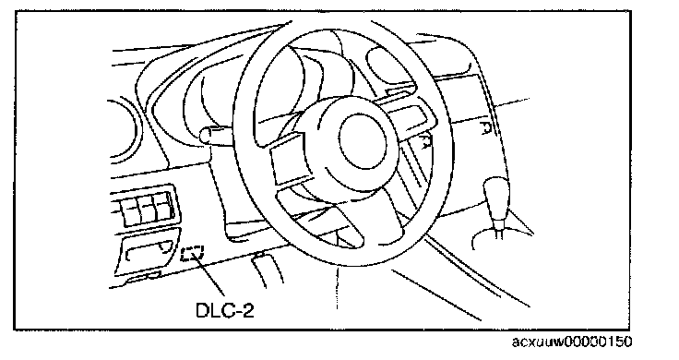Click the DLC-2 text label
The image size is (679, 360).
tap(225, 310)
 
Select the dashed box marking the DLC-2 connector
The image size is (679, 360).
tap(192, 254)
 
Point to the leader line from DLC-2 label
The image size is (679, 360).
tap(210, 275)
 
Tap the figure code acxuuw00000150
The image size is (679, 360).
tap(572, 342)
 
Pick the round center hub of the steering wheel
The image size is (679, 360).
tap(363, 139)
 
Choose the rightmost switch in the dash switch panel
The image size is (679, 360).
tap(165, 207)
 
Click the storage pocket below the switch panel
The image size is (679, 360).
tap(148, 255)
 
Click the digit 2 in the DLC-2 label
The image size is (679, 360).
tap(247, 310)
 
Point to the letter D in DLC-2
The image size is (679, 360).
tap(203, 310)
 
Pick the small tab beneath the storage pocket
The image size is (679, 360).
tap(143, 277)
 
